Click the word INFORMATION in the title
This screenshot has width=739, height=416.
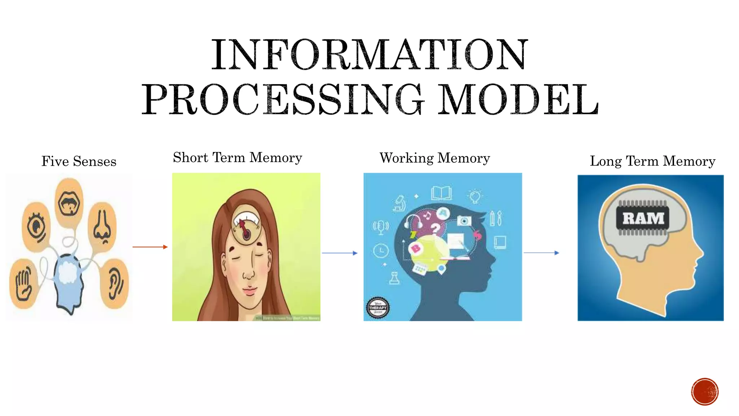369,55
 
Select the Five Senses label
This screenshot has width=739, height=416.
79,161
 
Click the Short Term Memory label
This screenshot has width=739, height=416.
237,158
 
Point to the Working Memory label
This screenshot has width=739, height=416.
434,158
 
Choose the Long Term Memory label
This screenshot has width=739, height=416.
652,161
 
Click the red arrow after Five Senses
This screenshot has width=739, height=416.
150,247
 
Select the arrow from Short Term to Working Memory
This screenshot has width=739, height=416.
340,253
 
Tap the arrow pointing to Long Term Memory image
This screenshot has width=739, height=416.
541,253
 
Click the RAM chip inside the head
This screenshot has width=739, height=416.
643,218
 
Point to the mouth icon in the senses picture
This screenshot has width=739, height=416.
69,203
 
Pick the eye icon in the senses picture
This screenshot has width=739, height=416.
36,227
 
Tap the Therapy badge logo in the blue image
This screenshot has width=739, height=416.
377,308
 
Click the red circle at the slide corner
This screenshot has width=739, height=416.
704,391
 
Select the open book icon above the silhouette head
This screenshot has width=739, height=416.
441,193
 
